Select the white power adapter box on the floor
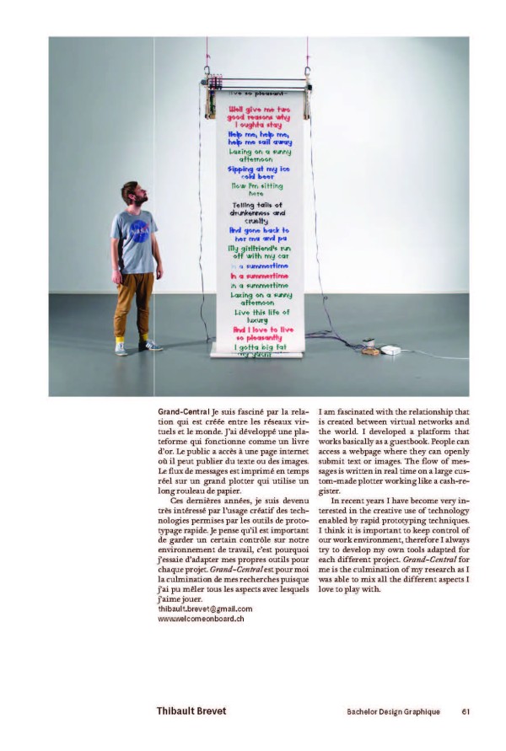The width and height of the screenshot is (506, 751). (390, 349)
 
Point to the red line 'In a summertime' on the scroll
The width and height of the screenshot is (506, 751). (259, 276)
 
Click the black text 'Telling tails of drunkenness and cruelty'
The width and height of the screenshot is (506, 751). (258, 213)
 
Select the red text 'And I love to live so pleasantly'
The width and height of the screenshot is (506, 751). (262, 334)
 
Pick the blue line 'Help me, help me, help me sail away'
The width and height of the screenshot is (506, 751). (258, 137)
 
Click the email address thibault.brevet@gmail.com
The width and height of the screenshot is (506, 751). (205, 608)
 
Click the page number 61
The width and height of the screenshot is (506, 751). (466, 711)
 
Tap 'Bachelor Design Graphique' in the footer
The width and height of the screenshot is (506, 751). (393, 711)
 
